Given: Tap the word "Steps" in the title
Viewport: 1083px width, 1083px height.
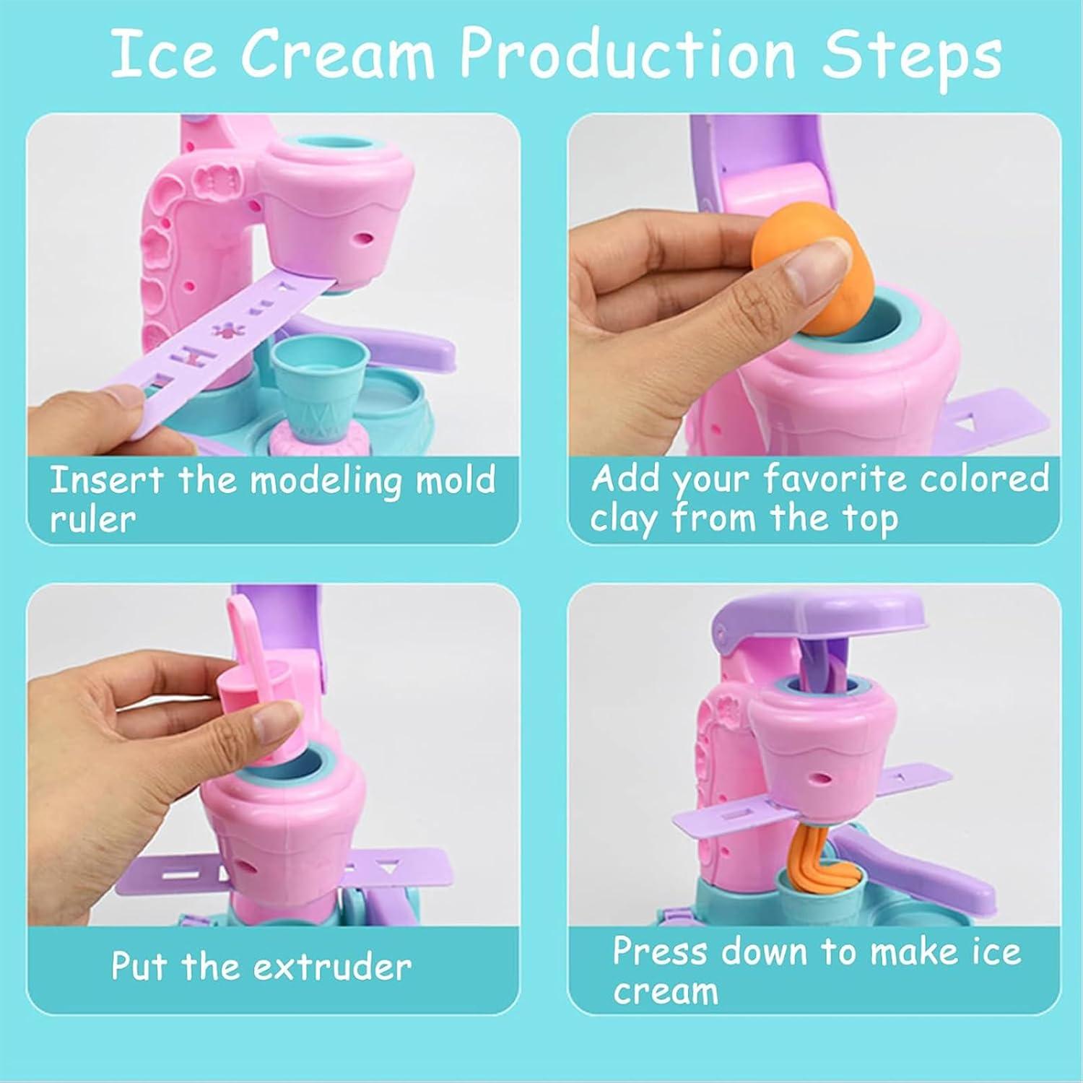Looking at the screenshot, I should coord(913,55).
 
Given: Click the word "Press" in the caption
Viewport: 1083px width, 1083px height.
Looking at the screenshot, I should coord(661,952).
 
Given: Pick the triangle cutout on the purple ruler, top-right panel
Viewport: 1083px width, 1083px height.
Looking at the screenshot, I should coord(965,422).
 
